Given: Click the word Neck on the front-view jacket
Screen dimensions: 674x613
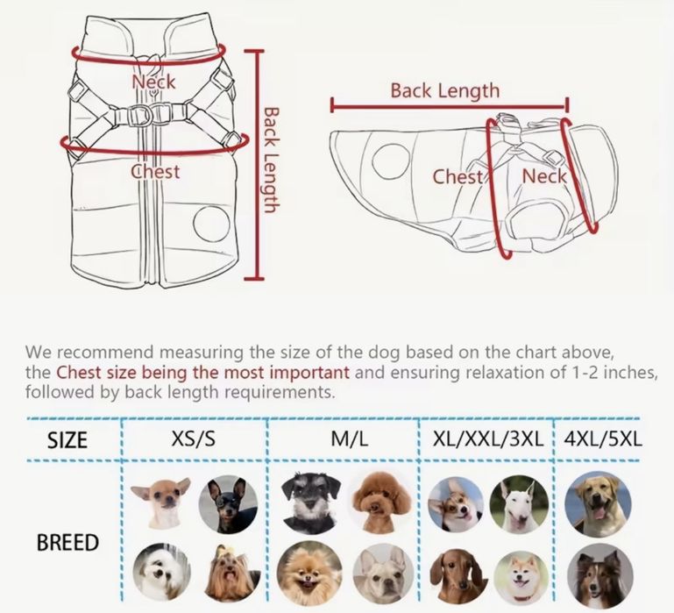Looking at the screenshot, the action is tap(153, 82).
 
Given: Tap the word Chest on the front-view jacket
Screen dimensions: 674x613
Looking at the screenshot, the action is tap(155, 172).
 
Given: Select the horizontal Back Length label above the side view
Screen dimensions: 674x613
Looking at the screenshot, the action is tap(445, 91).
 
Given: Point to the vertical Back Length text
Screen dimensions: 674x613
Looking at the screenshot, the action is tap(270, 160).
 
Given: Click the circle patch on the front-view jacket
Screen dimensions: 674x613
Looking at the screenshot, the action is tap(211, 224).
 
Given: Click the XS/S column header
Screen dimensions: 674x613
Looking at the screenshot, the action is tap(194, 439).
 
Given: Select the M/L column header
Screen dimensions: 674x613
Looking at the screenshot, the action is tap(350, 439).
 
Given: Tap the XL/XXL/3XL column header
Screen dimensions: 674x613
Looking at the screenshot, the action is tap(488, 439).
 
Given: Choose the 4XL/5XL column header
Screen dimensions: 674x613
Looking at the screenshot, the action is tap(603, 439).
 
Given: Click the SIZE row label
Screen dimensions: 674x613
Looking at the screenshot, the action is tap(67, 440).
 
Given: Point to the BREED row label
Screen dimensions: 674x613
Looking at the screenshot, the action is tap(67, 543).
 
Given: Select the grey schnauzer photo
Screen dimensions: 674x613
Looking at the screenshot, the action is tap(310, 503).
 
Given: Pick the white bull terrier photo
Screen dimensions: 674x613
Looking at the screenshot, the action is tap(519, 504).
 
